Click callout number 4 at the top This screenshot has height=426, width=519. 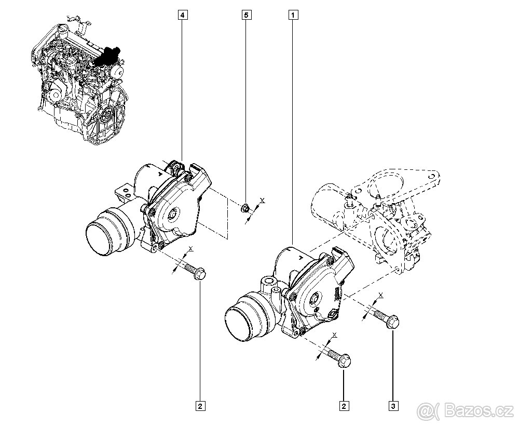[x=182, y=15]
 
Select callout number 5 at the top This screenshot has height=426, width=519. [x=247, y=15]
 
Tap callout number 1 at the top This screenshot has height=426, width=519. [x=294, y=15]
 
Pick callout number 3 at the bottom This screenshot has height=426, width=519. [x=393, y=405]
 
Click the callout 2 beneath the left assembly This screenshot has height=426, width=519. [x=200, y=405]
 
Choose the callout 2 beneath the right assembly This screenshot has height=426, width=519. [x=343, y=405]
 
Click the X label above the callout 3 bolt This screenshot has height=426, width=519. [x=381, y=295]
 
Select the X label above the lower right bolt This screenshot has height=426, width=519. [x=335, y=336]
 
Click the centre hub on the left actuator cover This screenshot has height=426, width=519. [x=173, y=214]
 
